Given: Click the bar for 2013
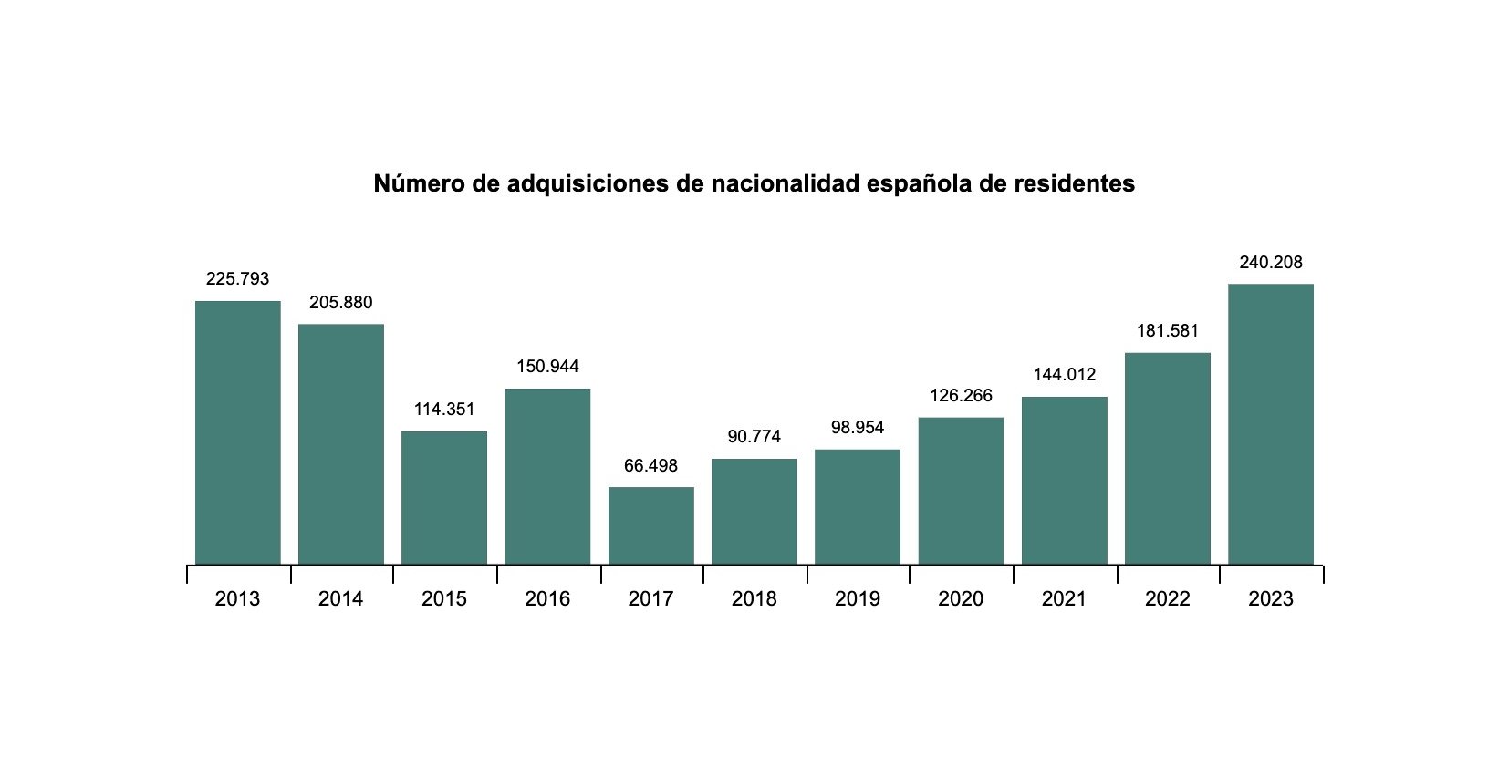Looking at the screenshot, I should [x=237, y=433].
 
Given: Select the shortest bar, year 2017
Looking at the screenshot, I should [x=650, y=526].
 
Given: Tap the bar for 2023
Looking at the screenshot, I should [x=1270, y=424].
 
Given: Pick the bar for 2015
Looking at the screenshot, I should [x=444, y=498].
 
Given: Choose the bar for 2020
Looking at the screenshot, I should [x=961, y=492].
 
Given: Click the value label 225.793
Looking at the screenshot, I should [x=237, y=279].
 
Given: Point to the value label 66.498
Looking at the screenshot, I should [x=650, y=466].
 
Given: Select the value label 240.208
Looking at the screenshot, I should [x=1270, y=263].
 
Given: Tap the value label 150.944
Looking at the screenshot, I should [x=547, y=367].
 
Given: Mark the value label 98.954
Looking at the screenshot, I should [x=857, y=428].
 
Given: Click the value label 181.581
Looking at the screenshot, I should [x=1167, y=331].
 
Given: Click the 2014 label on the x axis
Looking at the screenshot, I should [x=340, y=599].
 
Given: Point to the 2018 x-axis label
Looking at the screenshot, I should [x=754, y=599].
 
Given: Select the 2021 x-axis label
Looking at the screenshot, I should [x=1064, y=599].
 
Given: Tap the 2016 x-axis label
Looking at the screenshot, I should [x=547, y=599].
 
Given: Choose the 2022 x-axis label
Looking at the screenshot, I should [x=1167, y=599].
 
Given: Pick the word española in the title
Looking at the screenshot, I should [x=919, y=184].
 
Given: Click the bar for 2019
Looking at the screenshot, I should [x=857, y=507].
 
